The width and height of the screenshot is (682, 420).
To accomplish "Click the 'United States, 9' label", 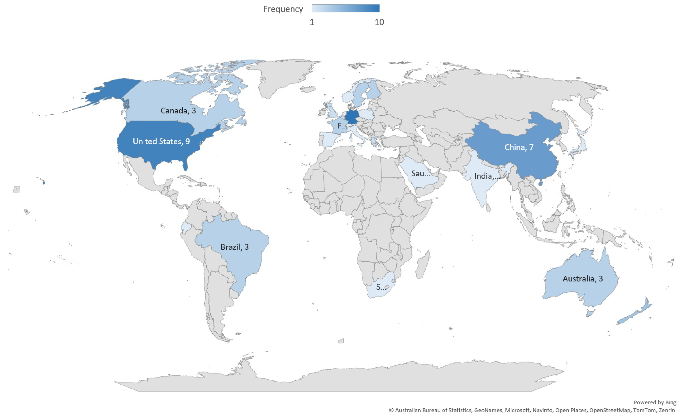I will pyautogui.click(x=161, y=141).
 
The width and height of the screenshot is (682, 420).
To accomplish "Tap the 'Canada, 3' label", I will pyautogui.click(x=178, y=111).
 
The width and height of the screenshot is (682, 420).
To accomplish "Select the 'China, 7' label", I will pyautogui.click(x=519, y=147).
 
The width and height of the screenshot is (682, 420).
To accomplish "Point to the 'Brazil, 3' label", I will pyautogui.click(x=235, y=247).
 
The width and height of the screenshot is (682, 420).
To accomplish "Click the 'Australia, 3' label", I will pyautogui.click(x=583, y=279).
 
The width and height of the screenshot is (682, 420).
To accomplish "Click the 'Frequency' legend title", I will pyautogui.click(x=283, y=9).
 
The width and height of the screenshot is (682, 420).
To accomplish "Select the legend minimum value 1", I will pyautogui.click(x=312, y=22).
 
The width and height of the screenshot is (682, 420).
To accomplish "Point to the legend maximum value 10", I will pyautogui.click(x=379, y=22).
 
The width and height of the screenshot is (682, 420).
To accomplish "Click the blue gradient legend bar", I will pyautogui.click(x=345, y=9).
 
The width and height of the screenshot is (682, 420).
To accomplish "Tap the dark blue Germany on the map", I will pyautogui.click(x=352, y=116).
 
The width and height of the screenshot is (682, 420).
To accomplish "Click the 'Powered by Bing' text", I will pyautogui.click(x=655, y=402).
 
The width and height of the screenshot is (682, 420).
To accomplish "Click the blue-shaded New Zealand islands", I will pyautogui.click(x=637, y=314).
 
